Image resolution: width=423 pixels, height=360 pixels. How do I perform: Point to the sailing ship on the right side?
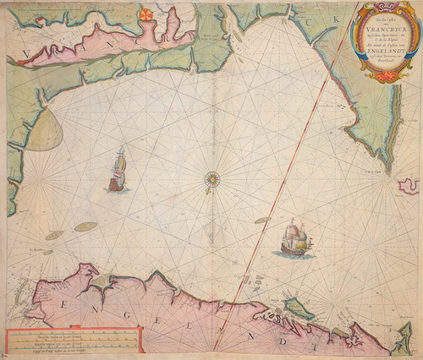click(293, 239)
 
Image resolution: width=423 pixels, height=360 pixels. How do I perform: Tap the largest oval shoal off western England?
click(85, 226)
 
